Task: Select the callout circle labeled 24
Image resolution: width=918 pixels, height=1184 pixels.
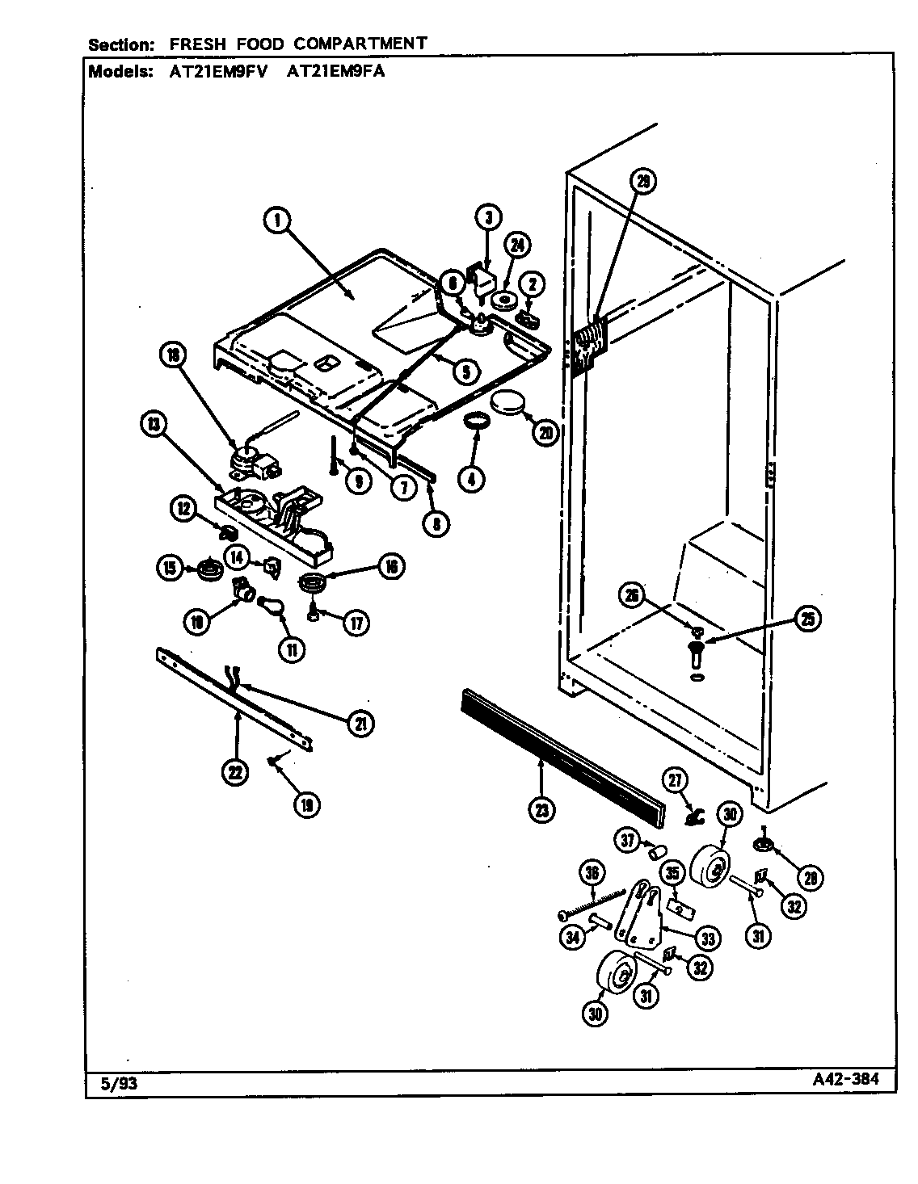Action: click(x=517, y=246)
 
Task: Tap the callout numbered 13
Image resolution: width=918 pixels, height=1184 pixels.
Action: click(x=152, y=422)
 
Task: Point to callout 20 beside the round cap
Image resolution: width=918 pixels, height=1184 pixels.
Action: click(x=545, y=433)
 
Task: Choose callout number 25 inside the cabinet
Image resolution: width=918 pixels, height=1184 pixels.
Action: click(x=806, y=619)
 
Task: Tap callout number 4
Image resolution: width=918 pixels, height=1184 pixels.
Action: click(x=471, y=478)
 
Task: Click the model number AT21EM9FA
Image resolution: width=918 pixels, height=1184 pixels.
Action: click(x=336, y=71)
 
